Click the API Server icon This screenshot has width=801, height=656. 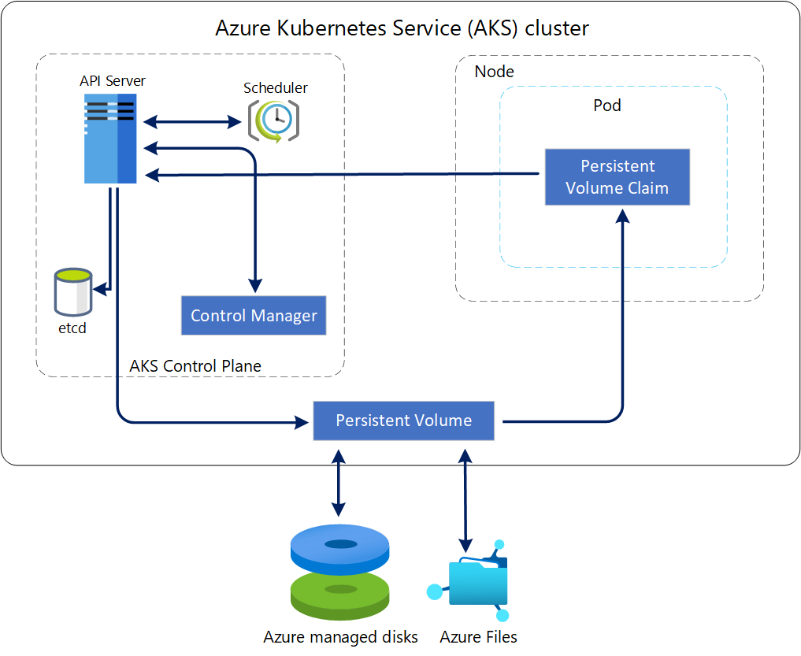[x=110, y=139]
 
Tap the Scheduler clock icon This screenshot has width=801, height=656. [x=273, y=120]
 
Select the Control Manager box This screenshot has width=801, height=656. [x=254, y=316]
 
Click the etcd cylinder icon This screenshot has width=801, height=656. [x=73, y=291]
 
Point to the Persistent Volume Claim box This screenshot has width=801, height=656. [x=617, y=177]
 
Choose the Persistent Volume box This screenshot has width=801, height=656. [x=404, y=421]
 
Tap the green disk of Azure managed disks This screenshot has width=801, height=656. [x=339, y=592]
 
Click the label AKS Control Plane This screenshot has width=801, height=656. [x=195, y=366]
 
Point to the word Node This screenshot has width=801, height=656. [x=494, y=72]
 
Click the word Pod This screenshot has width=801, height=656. [x=606, y=106]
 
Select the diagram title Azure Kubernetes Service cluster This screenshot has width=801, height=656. [x=402, y=29]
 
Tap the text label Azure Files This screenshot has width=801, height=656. [x=478, y=636]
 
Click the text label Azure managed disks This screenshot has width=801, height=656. [x=340, y=636]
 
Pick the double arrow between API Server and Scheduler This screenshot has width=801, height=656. [x=191, y=122]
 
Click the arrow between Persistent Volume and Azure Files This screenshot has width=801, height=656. [x=465, y=500]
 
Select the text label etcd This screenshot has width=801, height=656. [x=72, y=328]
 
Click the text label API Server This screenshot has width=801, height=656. [x=112, y=80]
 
